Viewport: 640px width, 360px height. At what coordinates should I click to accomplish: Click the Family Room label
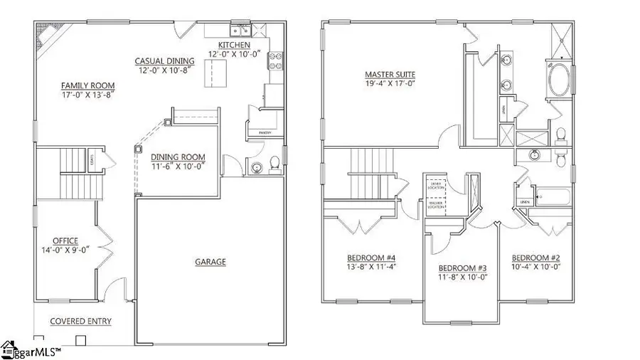(88, 85)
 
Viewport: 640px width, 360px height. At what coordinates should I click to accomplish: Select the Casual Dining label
(163, 62)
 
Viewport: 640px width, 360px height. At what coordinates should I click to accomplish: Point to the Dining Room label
(180, 157)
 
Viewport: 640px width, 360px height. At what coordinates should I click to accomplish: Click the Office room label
(65, 240)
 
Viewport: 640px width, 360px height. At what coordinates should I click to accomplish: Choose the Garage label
(210, 262)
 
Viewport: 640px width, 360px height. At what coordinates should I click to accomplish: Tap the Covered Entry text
(80, 322)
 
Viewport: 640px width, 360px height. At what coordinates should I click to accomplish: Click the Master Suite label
(390, 74)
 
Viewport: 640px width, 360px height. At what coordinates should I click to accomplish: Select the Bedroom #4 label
(367, 258)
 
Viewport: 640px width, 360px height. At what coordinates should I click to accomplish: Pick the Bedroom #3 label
(462, 268)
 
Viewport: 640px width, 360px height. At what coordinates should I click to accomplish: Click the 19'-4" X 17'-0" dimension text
(390, 84)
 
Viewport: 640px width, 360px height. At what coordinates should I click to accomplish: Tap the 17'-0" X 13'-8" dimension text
(88, 94)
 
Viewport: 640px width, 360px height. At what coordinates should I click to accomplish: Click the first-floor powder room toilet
(272, 165)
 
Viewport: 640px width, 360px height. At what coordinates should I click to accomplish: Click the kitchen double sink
(238, 31)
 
